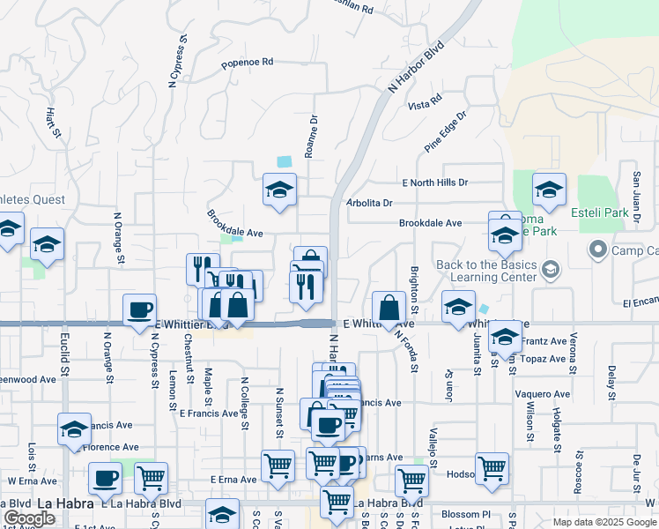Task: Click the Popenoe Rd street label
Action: [x=248, y=63]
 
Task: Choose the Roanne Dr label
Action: [x=310, y=136]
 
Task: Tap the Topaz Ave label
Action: [x=546, y=359]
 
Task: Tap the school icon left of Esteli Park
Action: [x=549, y=190]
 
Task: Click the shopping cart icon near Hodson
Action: [x=492, y=468]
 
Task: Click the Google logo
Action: [x=29, y=518]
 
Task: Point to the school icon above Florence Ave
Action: [x=74, y=429]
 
